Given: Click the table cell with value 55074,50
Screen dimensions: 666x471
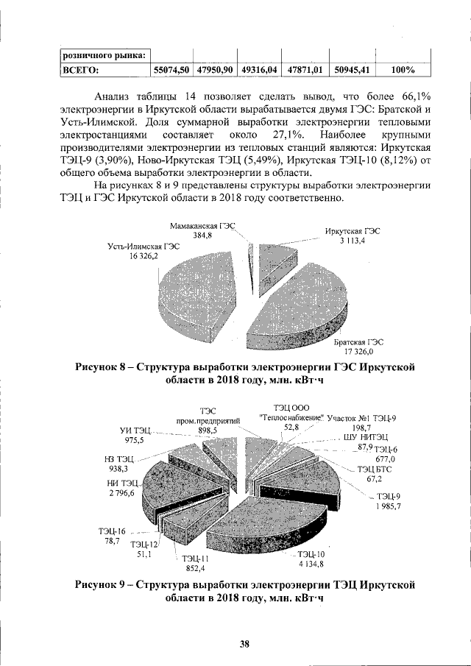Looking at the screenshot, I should coord(171,70).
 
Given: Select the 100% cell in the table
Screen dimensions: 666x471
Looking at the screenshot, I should coord(403,70).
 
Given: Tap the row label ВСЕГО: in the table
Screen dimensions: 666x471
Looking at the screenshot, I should coord(82,70).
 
